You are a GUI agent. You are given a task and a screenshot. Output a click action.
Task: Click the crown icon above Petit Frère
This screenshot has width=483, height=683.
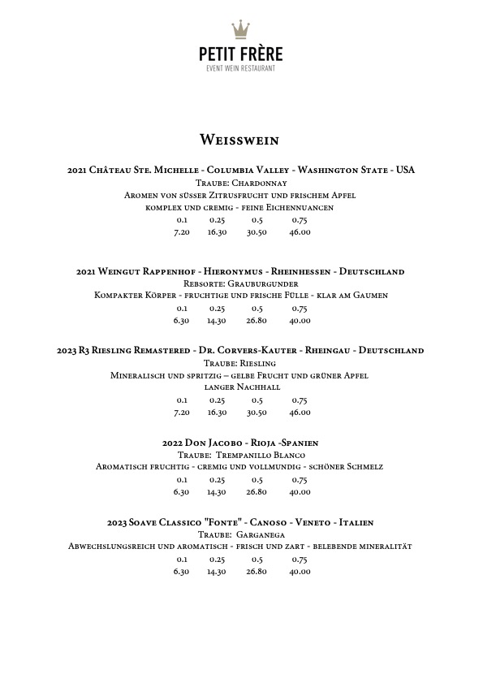click(x=241, y=30)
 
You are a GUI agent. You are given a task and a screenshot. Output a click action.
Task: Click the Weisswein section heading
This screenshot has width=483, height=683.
click(x=241, y=140)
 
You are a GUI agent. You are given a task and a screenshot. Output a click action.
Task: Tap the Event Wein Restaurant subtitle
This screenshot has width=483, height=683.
click(x=241, y=68)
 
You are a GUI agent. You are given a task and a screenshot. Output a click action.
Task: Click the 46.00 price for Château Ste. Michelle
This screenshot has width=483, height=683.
click(x=300, y=232)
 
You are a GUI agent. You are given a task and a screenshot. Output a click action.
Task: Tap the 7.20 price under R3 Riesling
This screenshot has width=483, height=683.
click(x=182, y=413)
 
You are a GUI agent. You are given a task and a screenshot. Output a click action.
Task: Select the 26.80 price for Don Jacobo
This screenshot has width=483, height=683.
click(x=257, y=492)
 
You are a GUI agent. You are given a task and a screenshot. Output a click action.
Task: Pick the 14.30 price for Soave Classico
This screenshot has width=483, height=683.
click(x=217, y=572)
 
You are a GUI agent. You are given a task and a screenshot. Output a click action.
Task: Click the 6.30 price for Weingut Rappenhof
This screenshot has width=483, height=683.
click(x=182, y=321)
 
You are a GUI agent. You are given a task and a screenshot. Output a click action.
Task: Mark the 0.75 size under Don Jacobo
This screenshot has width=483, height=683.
click(x=300, y=479)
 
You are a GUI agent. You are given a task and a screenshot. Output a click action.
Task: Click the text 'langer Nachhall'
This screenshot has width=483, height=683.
click(x=241, y=387)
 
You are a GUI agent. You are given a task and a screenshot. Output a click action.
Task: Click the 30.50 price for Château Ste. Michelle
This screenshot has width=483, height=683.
click(x=257, y=232)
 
